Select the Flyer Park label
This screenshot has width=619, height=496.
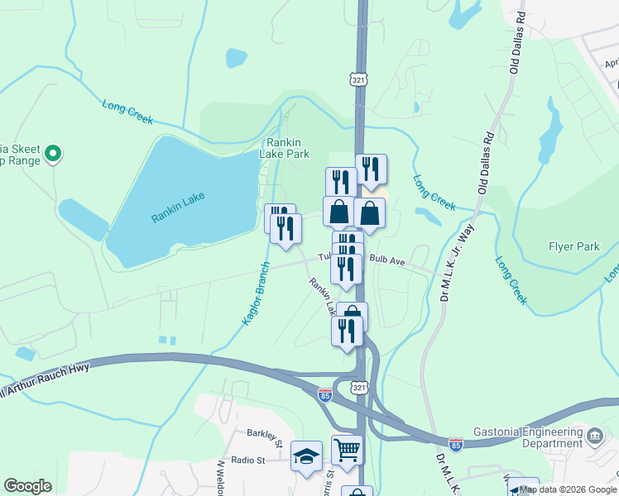click(573, 246)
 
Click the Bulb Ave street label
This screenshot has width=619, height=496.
click(387, 260)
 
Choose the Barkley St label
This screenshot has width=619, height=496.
click(265, 432)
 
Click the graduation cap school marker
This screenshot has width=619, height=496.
click(305, 455)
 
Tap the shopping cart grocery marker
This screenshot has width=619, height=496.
click(347, 450)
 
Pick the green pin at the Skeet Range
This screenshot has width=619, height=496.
click(53, 153)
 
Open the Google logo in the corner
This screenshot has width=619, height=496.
click(27, 486)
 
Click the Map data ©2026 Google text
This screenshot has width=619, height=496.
click(568, 489)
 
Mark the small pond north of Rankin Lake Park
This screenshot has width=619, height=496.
click(236, 58)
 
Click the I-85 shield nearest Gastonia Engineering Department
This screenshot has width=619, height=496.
click(455, 444)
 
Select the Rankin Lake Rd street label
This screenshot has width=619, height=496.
click(322, 295)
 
